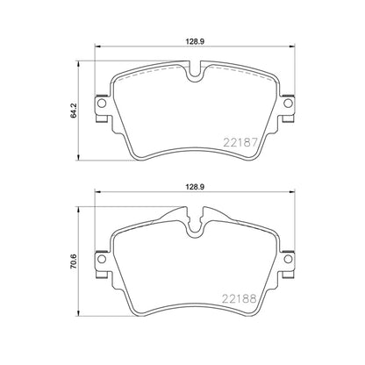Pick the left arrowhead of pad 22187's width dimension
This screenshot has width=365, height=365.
click(x=97, y=48)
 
